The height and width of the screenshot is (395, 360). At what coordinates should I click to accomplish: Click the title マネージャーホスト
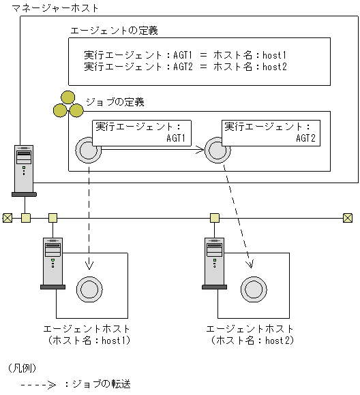tap(50, 8)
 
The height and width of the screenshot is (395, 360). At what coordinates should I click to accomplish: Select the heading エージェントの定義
tap(115, 31)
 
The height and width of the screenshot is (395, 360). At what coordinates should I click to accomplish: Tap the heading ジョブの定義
tap(115, 102)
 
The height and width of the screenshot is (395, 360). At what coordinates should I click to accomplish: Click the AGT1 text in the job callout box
tap(176, 138)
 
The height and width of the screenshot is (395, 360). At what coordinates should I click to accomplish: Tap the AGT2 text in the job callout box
tap(305, 138)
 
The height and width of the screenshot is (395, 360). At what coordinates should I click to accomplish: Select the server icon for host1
tap(52, 263)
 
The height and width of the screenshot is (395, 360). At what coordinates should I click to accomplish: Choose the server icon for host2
tap(215, 263)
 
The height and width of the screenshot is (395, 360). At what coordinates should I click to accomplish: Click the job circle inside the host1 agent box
tap(89, 289)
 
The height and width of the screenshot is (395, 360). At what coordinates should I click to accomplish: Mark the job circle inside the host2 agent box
tap(252, 289)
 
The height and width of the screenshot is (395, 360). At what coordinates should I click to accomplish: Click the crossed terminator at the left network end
tap(7, 218)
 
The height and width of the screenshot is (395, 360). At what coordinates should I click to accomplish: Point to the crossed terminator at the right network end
tap(348, 218)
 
